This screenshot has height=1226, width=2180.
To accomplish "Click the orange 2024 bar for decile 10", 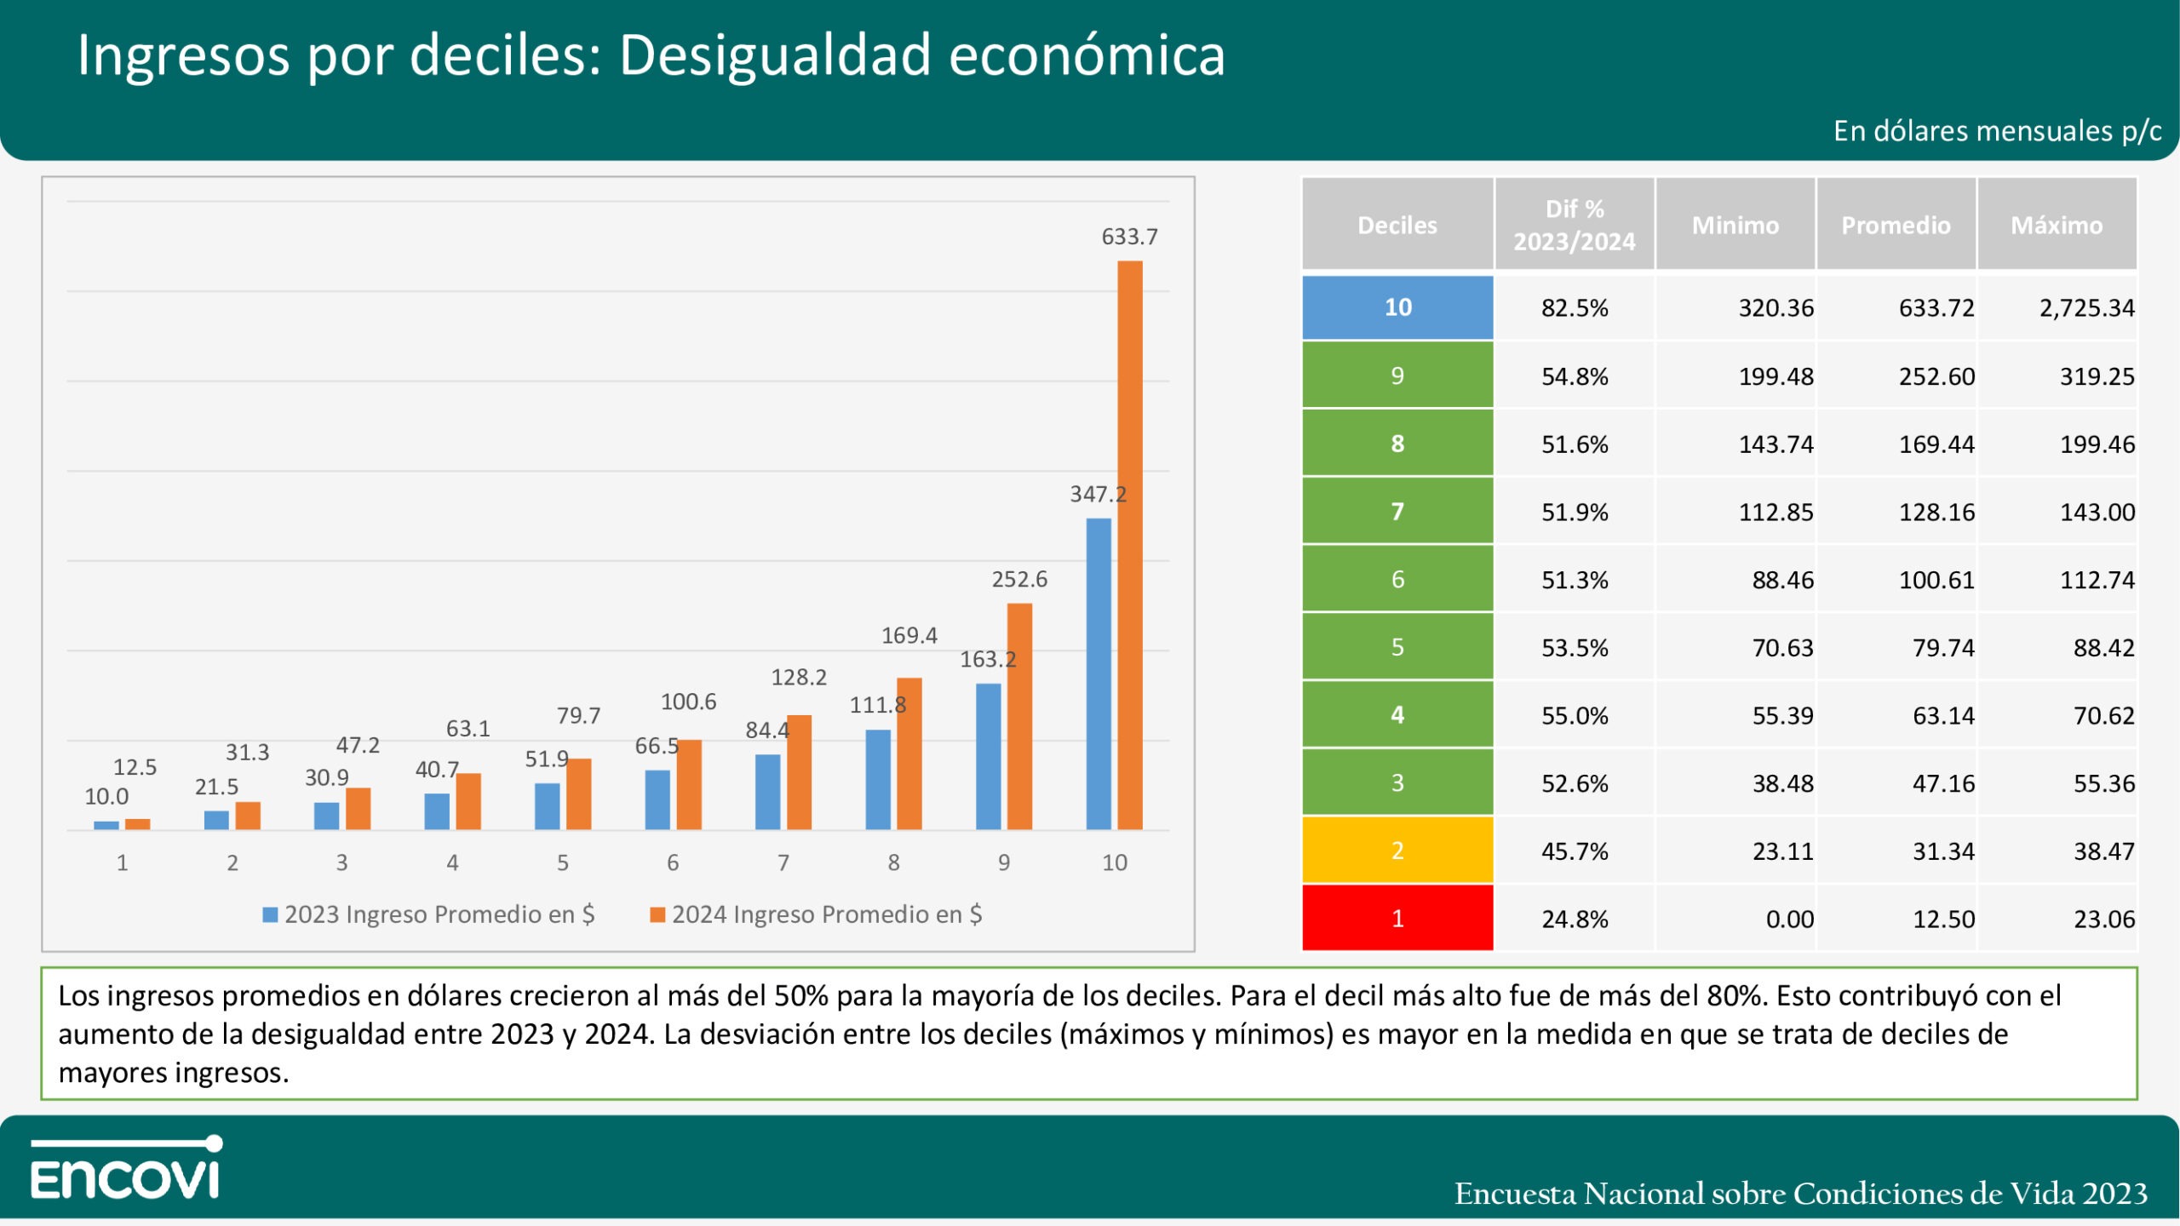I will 1130,545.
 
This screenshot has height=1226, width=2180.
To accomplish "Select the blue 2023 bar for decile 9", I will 988,756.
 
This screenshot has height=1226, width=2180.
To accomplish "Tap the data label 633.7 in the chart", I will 1129,237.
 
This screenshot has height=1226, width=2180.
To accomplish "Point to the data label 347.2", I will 1098,494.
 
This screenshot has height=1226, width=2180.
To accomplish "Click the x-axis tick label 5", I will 563,862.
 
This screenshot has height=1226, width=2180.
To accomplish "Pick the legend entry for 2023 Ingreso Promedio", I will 429,914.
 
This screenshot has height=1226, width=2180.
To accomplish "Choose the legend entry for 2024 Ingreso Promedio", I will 817,914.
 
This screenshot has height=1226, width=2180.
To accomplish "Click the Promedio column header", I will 1896,225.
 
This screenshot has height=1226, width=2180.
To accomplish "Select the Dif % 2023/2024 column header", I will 1574,225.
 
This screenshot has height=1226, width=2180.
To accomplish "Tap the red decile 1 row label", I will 1397,918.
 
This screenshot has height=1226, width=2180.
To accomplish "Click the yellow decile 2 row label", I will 1397,850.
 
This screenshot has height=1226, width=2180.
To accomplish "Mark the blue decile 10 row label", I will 1397,307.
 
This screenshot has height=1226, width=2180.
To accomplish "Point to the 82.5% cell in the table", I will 1575,308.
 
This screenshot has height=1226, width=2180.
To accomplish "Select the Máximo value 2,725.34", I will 2086,308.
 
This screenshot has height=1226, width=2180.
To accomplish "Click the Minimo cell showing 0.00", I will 1789,919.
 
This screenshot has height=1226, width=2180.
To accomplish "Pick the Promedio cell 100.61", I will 1936,580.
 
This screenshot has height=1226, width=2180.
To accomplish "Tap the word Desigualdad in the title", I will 774,56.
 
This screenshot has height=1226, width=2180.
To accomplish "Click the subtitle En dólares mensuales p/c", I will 1997,131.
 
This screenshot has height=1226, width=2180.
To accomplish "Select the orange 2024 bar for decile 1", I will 137,824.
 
